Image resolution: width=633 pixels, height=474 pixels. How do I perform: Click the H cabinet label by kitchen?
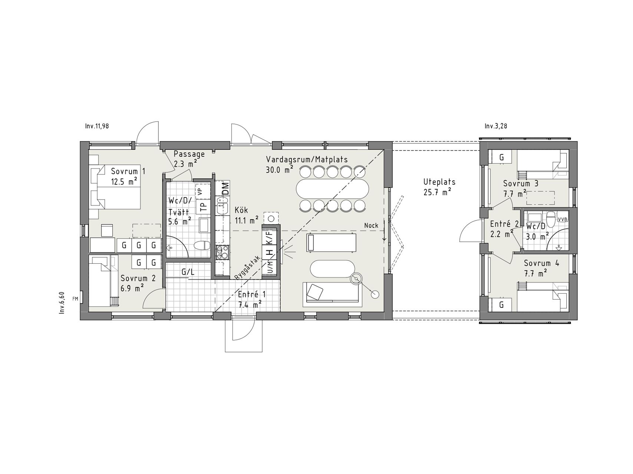point(270,253)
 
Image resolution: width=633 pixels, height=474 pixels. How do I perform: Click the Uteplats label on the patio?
point(439,182)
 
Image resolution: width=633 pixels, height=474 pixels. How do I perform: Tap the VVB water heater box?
point(562,219)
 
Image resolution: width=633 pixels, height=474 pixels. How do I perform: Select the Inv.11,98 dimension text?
point(97,126)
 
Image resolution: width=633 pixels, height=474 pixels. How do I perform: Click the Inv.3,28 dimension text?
point(496,126)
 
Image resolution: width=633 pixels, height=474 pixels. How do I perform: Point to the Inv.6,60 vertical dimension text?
point(62,303)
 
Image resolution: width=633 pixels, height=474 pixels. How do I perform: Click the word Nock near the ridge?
point(371,225)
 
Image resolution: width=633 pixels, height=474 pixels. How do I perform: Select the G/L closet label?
point(188,272)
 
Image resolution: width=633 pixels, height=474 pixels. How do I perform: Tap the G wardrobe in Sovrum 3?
point(501,157)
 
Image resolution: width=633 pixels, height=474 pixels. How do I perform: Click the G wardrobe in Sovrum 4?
point(501,305)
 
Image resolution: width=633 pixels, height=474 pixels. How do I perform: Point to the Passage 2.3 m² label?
point(189,158)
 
